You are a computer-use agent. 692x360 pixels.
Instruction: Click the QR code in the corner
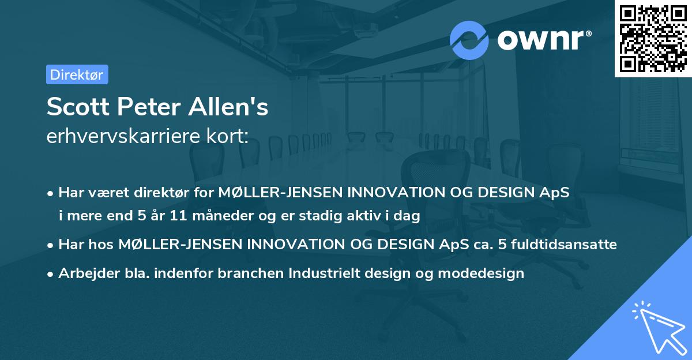pyautogui.click(x=653, y=39)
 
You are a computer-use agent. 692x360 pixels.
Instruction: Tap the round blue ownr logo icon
pyautogui.click(x=469, y=40)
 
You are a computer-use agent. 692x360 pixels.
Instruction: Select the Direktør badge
pyautogui.click(x=77, y=74)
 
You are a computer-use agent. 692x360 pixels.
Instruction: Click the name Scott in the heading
pyautogui.click(x=72, y=108)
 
